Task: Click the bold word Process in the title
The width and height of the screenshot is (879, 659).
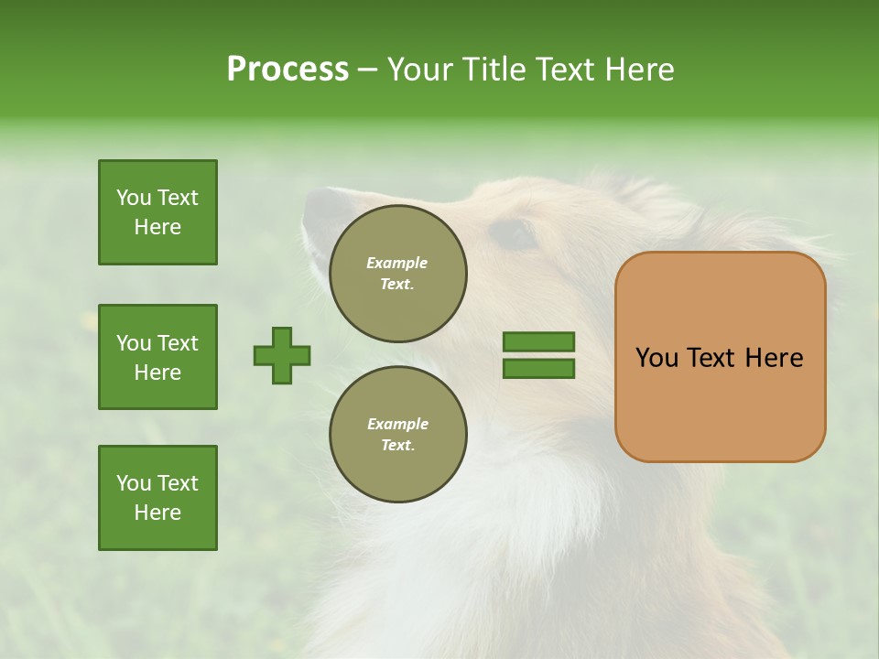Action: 288,70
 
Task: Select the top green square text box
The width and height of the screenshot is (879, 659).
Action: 157,212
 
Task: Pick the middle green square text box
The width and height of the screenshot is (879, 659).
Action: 157,357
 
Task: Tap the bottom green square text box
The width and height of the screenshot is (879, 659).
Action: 157,498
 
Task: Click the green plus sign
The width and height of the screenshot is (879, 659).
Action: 282,355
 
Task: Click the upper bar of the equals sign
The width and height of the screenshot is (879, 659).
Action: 538,341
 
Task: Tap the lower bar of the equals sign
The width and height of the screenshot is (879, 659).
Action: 538,369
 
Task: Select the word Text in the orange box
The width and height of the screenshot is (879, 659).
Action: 713,358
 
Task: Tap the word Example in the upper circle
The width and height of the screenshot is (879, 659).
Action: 397,263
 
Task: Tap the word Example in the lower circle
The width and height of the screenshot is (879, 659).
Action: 397,424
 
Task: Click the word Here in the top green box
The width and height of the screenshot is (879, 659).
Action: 157,227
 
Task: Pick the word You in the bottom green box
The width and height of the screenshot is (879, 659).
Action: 133,483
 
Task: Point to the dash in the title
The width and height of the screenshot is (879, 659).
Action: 367,70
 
